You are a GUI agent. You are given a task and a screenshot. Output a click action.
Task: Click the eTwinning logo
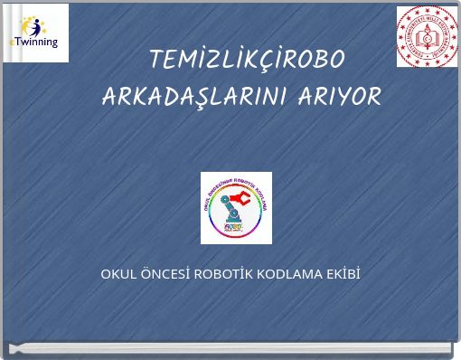[x=35, y=33]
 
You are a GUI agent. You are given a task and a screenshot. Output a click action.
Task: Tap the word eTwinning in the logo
[x=33, y=42]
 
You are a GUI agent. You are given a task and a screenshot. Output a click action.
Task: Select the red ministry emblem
[x=427, y=36]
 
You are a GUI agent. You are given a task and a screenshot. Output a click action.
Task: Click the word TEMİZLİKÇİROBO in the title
[x=247, y=60]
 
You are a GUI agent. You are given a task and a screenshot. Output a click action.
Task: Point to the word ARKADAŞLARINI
[x=194, y=96]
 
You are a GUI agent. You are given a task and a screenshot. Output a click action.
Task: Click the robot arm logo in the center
[x=236, y=207]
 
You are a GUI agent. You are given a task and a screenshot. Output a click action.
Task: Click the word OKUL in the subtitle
[x=117, y=273]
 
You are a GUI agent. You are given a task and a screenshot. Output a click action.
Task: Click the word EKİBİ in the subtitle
[x=343, y=273]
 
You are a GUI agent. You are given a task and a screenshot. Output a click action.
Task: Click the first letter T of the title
[x=156, y=60]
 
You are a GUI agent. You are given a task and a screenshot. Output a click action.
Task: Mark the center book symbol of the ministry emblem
[x=427, y=36]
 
